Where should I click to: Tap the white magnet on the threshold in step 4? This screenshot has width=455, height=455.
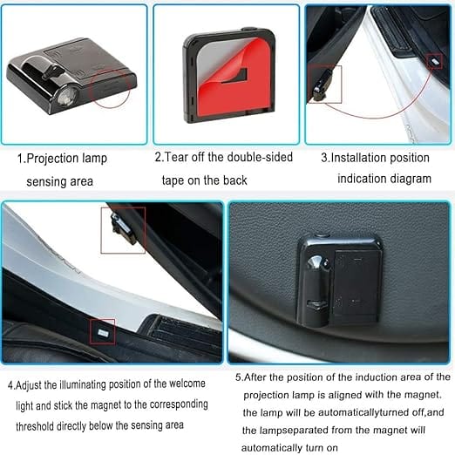click(102, 331)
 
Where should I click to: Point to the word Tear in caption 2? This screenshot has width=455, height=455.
click(180, 158)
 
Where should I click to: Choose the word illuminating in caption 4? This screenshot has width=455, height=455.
click(87, 384)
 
